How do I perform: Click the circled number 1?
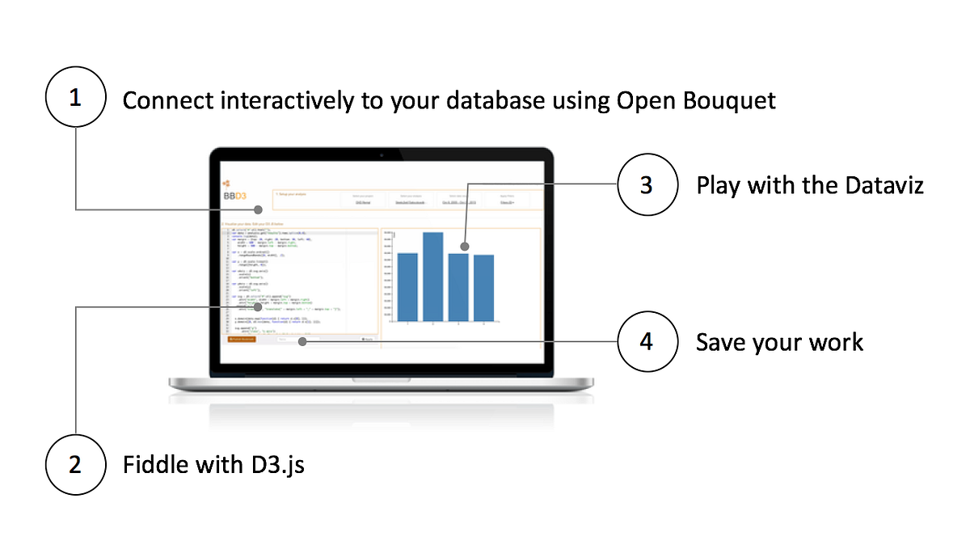tap(76, 99)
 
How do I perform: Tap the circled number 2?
tap(76, 464)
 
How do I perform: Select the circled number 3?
tap(647, 185)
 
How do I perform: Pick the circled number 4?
tap(647, 341)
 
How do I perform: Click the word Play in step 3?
tap(719, 187)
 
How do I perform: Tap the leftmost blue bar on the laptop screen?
tap(407, 287)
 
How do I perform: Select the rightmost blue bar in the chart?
tap(483, 288)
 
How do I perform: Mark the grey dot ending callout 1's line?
tap(258, 209)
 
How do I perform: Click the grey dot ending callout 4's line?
tap(302, 341)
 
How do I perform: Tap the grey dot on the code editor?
tap(257, 306)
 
